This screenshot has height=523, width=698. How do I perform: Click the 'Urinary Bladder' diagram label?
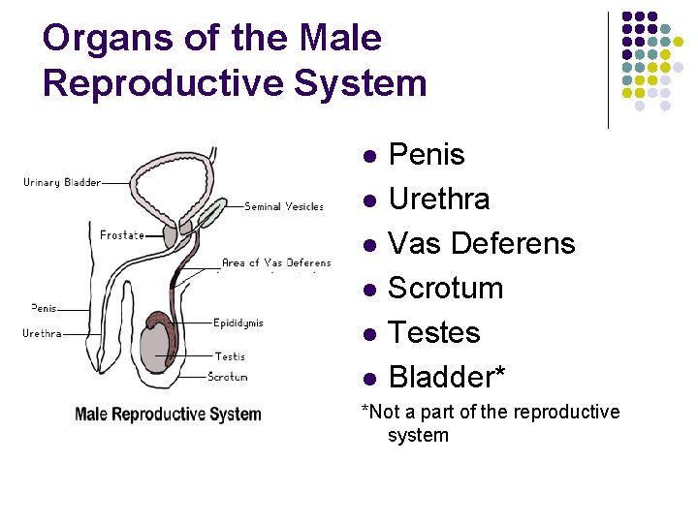point(62,182)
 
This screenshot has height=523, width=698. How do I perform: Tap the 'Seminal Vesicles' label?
point(284,206)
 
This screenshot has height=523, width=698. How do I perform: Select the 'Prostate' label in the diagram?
point(122,234)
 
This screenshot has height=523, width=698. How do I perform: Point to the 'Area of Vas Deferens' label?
point(276,262)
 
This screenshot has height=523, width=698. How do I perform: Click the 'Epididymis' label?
point(238,323)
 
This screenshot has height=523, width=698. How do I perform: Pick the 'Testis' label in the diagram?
point(230,356)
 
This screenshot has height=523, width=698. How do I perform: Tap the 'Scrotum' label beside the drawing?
point(228,377)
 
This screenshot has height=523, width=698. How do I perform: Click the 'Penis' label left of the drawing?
point(44,308)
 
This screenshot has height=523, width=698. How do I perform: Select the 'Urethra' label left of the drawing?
point(43,333)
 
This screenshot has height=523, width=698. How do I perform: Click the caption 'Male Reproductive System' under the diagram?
point(168,415)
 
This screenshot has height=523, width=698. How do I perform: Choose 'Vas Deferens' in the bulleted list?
point(481,243)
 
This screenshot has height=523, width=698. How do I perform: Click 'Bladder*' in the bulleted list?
point(446,377)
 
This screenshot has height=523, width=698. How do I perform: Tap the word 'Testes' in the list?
point(433,332)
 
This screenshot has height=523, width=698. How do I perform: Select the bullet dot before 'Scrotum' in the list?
point(368,289)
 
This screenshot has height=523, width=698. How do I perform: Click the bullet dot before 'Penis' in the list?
point(368,155)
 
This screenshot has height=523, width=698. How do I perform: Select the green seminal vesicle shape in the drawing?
point(208,214)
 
